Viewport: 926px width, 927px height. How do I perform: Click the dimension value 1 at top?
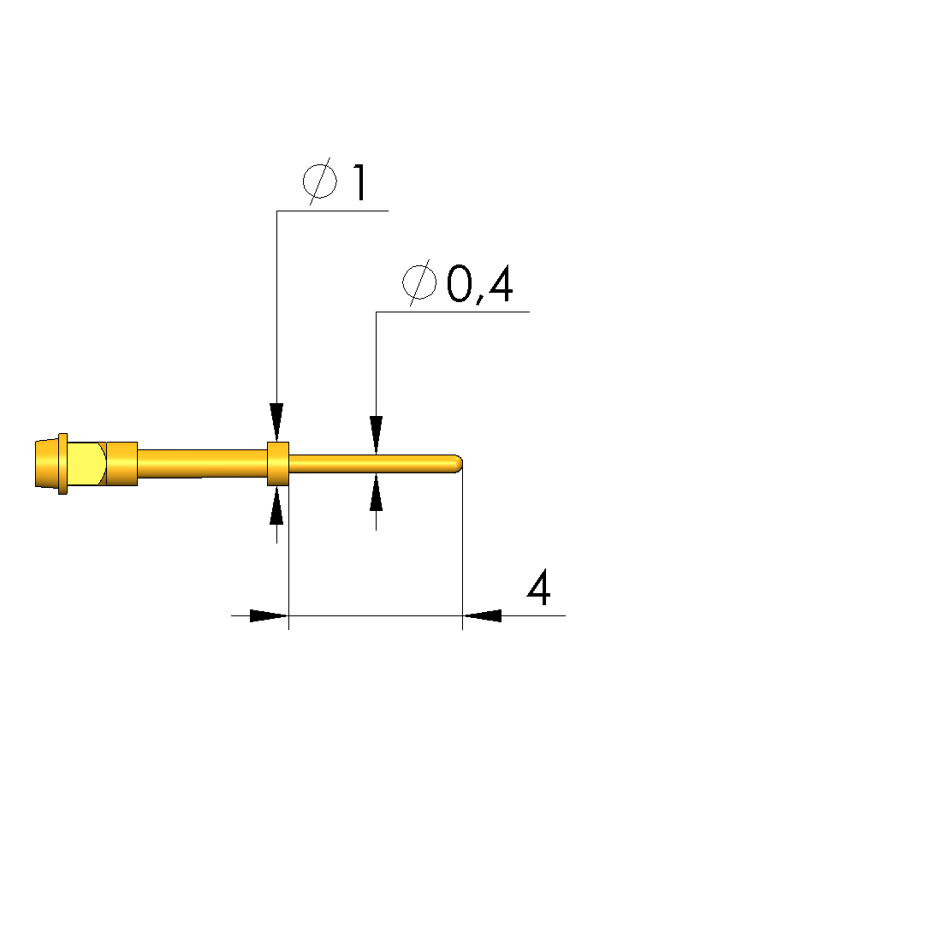(x=360, y=182)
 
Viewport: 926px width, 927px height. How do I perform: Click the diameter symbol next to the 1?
(x=320, y=181)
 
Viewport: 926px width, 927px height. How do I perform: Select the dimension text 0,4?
(x=479, y=284)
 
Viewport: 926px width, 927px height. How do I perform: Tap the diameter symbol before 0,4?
(x=419, y=282)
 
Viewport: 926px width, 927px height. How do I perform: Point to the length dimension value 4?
(x=538, y=587)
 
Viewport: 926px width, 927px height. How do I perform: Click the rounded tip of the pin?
(x=458, y=464)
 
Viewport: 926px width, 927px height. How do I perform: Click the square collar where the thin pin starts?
(x=278, y=464)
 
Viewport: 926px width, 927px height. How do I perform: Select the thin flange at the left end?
(x=62, y=464)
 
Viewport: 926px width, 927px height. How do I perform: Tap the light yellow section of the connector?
(x=86, y=464)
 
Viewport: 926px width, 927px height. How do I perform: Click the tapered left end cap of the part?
(x=47, y=464)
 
